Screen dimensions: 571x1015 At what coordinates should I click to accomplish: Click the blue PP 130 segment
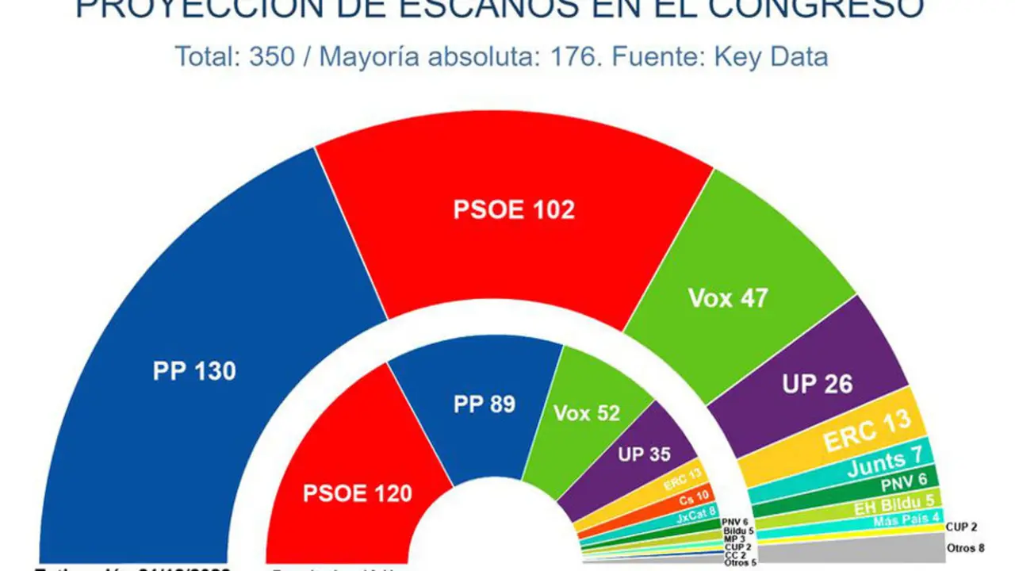pos(194,370)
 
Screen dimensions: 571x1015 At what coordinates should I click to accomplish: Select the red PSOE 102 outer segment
pos(514,209)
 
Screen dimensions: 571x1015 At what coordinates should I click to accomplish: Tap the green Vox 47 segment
pos(728,297)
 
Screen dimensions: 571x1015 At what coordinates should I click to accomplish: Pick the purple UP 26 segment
pos(817,384)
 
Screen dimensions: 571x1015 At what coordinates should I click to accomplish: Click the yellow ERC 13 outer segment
pos(867,432)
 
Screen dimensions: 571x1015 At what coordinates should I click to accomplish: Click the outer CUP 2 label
pos(961,527)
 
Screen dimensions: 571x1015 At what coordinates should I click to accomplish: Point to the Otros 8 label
pos(965,548)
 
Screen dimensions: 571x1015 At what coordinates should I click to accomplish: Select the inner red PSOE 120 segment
pos(357,493)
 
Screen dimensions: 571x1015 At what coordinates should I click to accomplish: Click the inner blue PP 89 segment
pos(484,404)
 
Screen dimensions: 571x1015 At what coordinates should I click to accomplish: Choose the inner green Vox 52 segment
pos(587,413)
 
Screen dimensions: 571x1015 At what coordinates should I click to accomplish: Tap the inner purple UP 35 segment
pos(644,454)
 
